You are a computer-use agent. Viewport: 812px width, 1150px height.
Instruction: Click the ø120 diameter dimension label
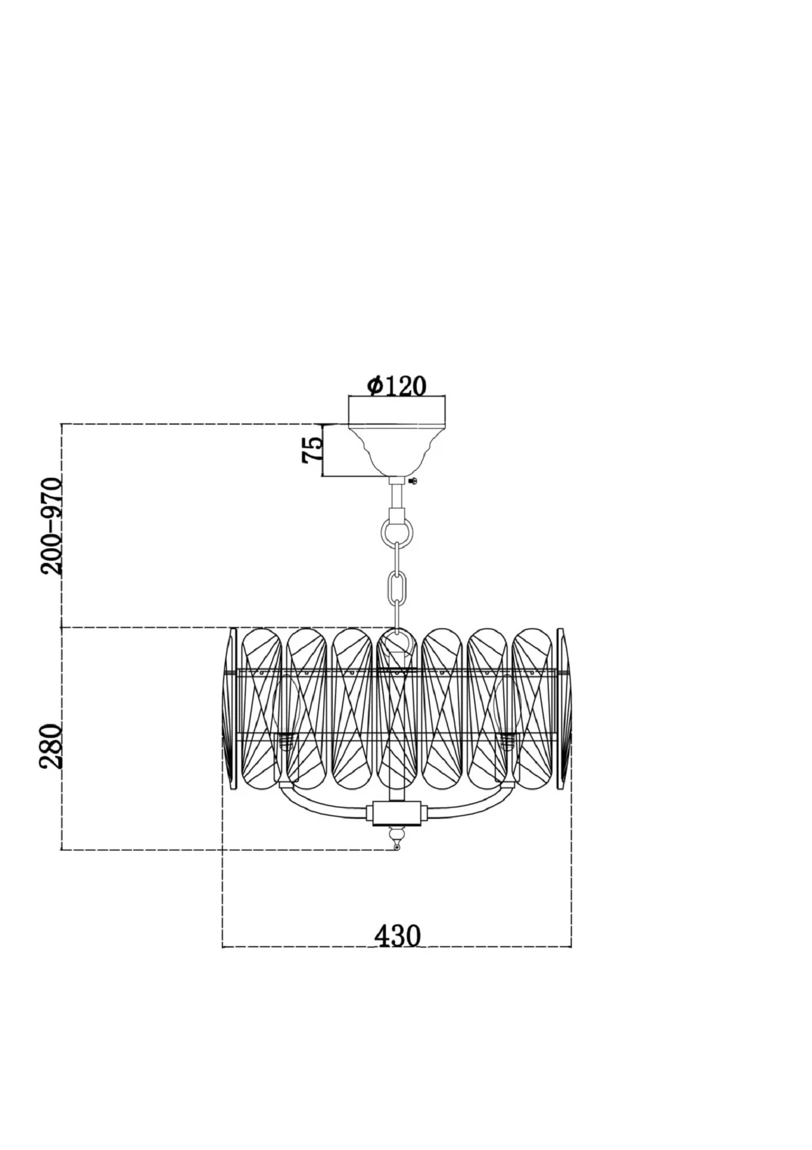pyautogui.click(x=397, y=386)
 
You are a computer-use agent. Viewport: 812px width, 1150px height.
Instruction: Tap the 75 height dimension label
pyautogui.click(x=313, y=450)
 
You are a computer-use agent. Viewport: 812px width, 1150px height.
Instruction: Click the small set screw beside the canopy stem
pyautogui.click(x=414, y=482)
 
